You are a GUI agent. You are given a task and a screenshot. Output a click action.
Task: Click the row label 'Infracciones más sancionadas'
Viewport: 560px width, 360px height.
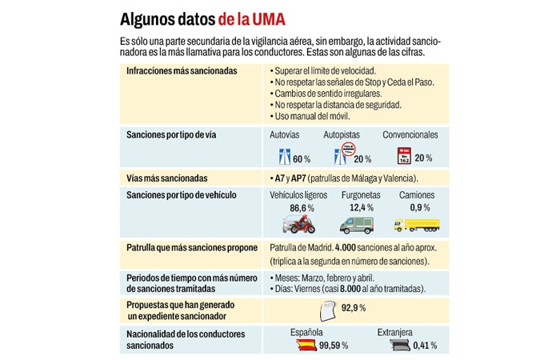(x=182, y=71)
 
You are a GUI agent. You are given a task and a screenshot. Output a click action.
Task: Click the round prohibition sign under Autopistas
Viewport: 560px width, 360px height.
(x=348, y=154)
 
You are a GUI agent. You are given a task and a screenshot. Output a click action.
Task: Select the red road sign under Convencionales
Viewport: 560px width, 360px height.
(x=405, y=155)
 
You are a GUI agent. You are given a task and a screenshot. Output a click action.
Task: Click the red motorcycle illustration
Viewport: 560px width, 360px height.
(x=298, y=224)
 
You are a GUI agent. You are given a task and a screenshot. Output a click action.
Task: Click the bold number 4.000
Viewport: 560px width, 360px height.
(x=350, y=247)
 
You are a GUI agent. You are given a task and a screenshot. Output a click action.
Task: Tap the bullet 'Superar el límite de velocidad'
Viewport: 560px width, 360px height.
(x=319, y=71)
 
